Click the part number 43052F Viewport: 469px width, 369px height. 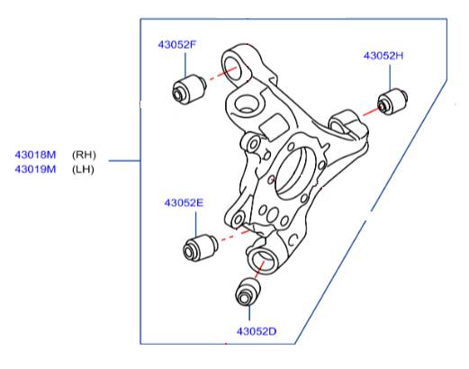click(x=177, y=45)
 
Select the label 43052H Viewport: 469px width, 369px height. click(x=383, y=56)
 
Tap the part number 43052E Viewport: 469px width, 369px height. click(x=184, y=202)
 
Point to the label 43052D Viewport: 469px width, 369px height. click(x=257, y=331)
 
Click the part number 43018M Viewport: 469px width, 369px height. click(x=35, y=155)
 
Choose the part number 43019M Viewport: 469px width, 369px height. click(x=35, y=169)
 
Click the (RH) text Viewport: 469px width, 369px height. click(x=84, y=155)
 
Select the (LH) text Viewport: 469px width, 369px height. click(x=83, y=169)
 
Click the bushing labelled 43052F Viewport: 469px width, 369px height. click(x=189, y=90)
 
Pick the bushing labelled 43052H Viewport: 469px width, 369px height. click(x=392, y=101)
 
